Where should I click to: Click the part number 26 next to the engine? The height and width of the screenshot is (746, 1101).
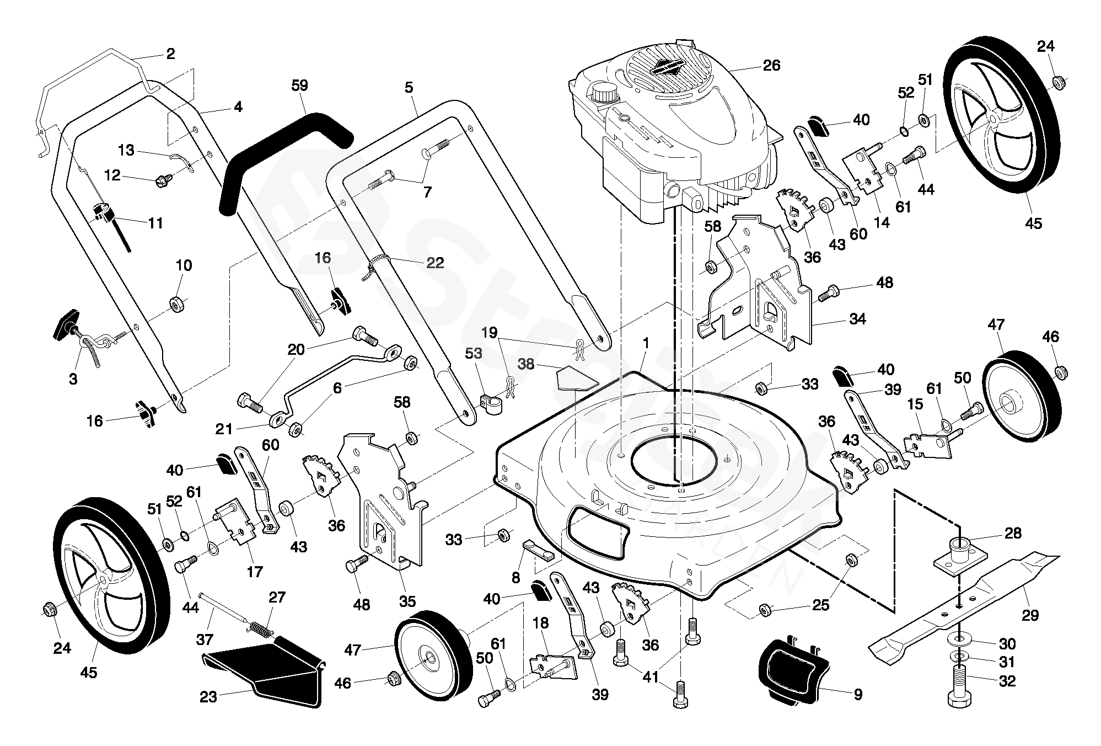(x=771, y=66)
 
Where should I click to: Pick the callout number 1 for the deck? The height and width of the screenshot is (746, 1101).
(x=646, y=343)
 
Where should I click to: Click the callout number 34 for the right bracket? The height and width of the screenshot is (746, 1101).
(x=857, y=319)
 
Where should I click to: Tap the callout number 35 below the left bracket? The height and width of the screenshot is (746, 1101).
(x=407, y=601)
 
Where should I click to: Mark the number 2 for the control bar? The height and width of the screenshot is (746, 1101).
(x=170, y=54)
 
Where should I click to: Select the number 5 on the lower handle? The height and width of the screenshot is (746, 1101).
(x=409, y=87)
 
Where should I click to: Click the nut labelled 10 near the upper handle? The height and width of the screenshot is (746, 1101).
(x=178, y=303)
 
